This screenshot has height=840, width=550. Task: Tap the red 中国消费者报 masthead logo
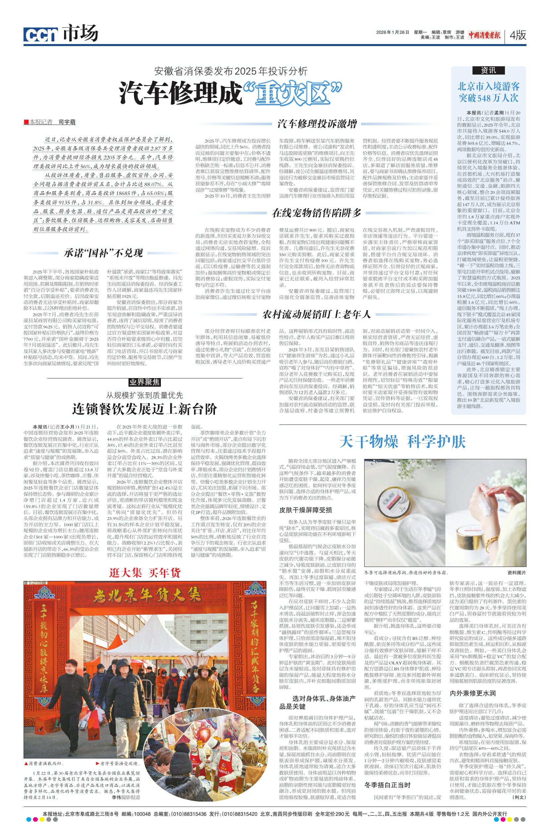pos(484,34)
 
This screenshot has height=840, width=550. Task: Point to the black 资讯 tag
pos(488,70)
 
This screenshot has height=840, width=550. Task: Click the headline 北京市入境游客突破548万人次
pos(489,92)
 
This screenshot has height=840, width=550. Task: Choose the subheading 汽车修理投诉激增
pos(317,124)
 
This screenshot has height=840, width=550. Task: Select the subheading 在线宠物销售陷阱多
pos(317,213)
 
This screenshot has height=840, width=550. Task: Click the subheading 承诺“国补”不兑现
pos(103,253)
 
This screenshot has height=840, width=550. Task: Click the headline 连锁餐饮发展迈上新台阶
pos(145,409)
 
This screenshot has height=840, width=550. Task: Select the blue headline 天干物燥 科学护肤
pos(402,442)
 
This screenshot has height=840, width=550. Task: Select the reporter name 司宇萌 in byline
pos(67,123)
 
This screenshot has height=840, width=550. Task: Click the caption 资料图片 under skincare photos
pos(516,573)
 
